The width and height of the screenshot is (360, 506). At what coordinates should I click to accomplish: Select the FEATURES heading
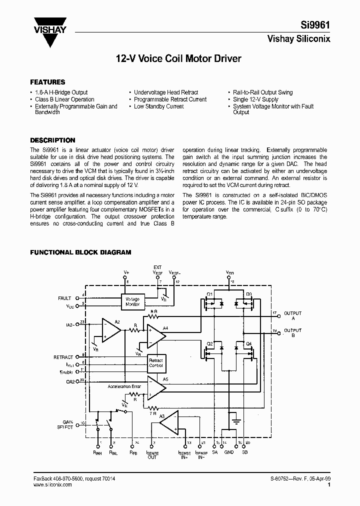(47, 82)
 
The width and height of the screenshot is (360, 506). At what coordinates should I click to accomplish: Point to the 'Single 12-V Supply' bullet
(255, 99)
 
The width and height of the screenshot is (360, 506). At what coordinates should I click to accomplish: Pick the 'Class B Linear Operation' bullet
(64, 99)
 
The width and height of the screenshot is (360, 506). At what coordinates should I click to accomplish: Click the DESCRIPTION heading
(52, 140)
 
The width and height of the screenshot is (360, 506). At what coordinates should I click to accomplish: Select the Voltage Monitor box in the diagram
(133, 300)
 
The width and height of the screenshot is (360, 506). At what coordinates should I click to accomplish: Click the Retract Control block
(156, 362)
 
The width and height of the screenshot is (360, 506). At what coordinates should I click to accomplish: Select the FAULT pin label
(64, 298)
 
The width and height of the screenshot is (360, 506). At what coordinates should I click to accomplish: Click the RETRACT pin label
(63, 357)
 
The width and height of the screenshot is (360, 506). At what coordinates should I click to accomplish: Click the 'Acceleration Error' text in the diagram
(124, 386)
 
